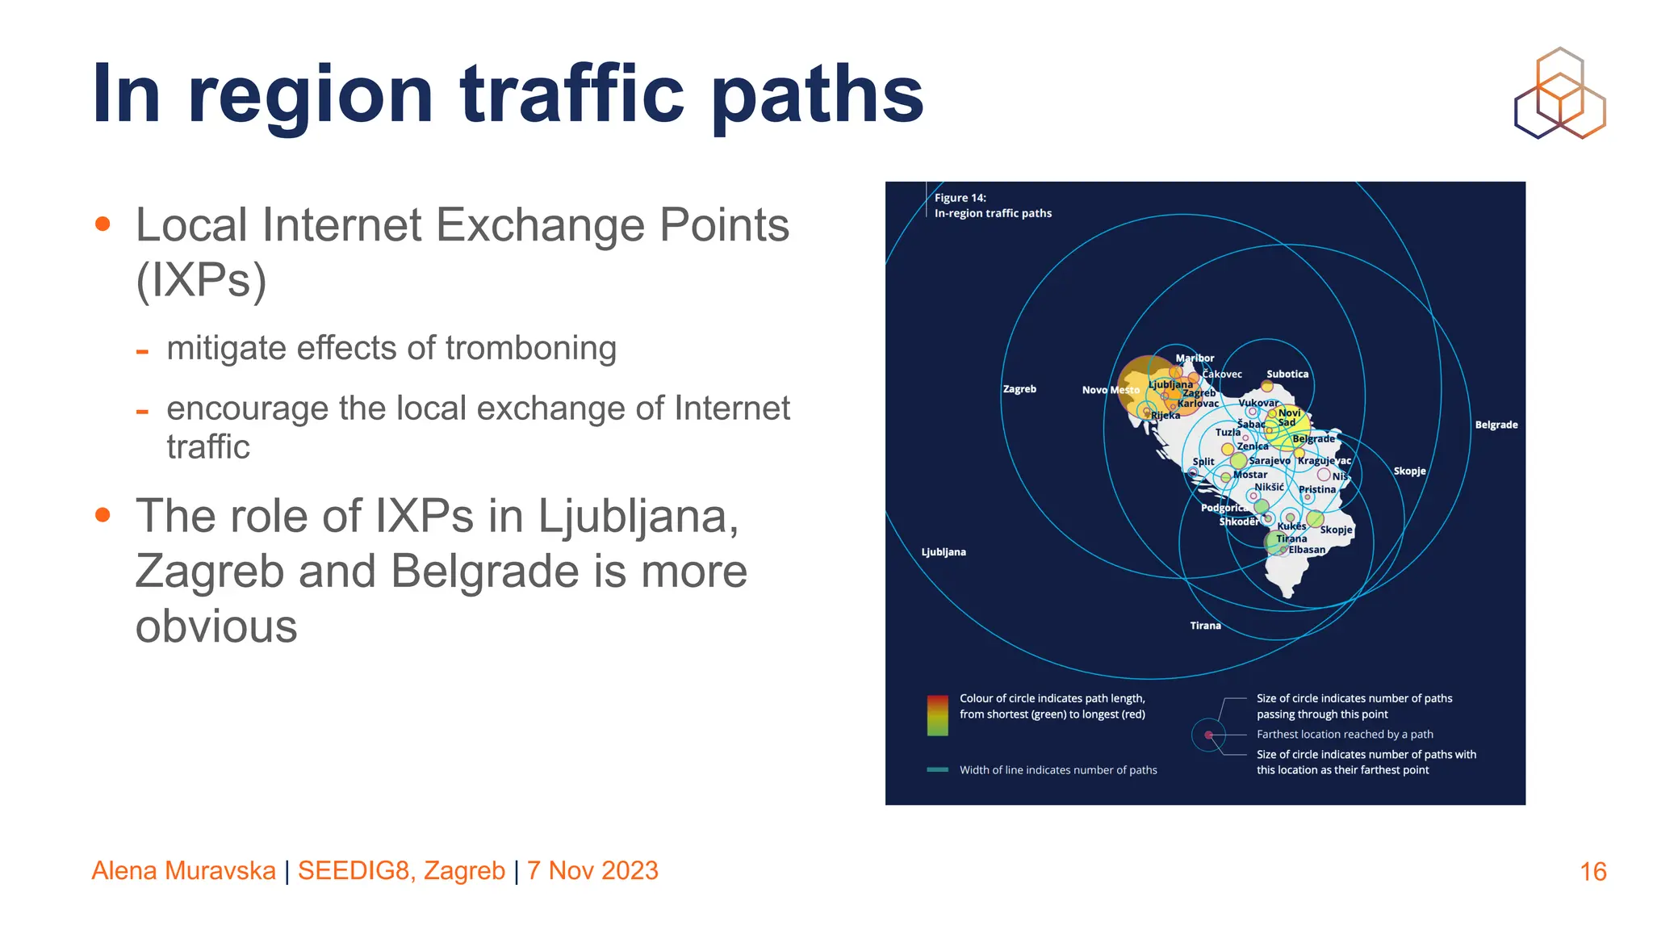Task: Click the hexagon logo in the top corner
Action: pyautogui.click(x=1559, y=93)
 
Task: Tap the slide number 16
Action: pyautogui.click(x=1592, y=872)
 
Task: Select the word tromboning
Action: pyautogui.click(x=530, y=349)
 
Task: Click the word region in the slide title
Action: pyautogui.click(x=311, y=95)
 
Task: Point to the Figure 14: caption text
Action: pyautogui.click(x=960, y=198)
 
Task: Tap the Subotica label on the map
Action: pyautogui.click(x=1287, y=374)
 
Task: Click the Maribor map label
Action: pyautogui.click(x=1195, y=358)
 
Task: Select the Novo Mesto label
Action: pyautogui.click(x=1111, y=390)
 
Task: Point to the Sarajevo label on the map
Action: pyautogui.click(x=1270, y=460)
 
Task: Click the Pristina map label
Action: pyautogui.click(x=1317, y=489)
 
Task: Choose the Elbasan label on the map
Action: pyautogui.click(x=1307, y=550)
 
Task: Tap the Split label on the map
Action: pyautogui.click(x=1203, y=462)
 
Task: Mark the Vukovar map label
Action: pyautogui.click(x=1258, y=403)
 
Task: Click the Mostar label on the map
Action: pyautogui.click(x=1250, y=475)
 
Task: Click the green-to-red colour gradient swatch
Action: pyautogui.click(x=937, y=715)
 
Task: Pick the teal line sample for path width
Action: pyautogui.click(x=937, y=770)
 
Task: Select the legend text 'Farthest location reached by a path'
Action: pyautogui.click(x=1345, y=735)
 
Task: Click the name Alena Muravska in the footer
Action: pyautogui.click(x=184, y=871)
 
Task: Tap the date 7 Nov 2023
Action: pyautogui.click(x=592, y=871)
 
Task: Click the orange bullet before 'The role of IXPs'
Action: pyautogui.click(x=103, y=515)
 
